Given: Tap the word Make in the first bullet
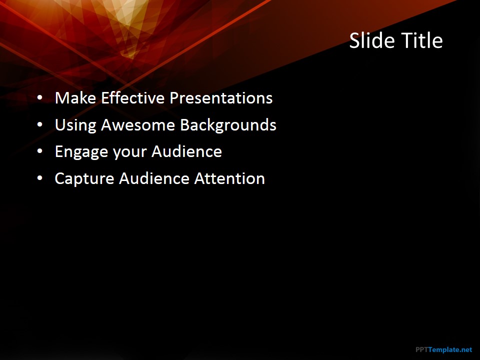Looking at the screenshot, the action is coord(75,98).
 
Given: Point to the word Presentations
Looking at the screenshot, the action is coord(221,98).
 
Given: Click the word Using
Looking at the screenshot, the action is coord(75,125).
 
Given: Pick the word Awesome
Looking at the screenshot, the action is coord(138,125).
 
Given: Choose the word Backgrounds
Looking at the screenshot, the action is coord(228,125).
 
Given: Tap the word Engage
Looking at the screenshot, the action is coord(81,152).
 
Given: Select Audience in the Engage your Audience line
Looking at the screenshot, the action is coord(186,151).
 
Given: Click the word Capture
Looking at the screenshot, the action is coord(84,179).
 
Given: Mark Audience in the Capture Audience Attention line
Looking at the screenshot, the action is coord(154,178).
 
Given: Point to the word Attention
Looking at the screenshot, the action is coord(229,178).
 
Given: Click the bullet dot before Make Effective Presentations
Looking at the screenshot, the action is coord(40,97).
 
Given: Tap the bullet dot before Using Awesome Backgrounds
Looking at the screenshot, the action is coord(40,124).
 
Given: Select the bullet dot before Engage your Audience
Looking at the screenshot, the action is coord(40,151).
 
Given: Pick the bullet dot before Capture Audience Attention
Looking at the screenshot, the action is coord(40,178).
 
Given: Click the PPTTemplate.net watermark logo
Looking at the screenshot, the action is coord(444,349).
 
